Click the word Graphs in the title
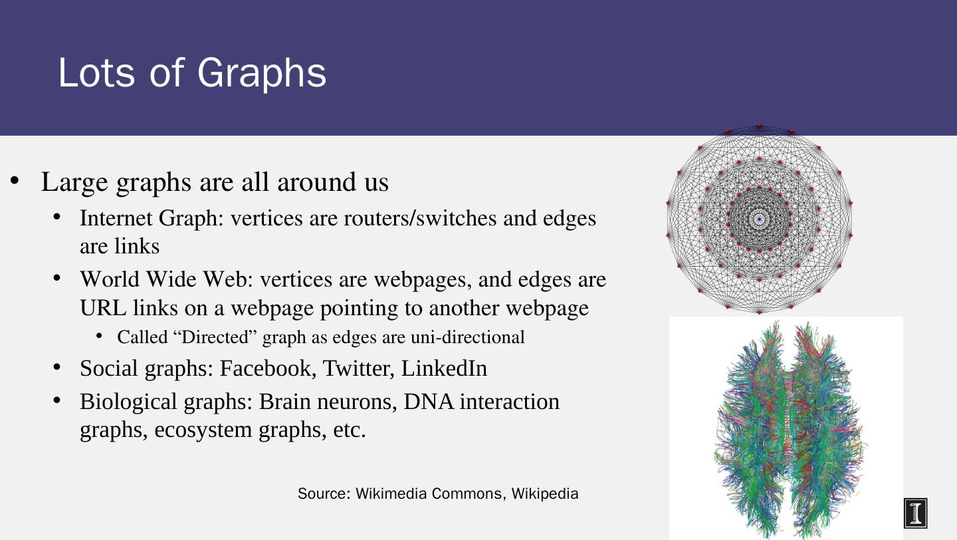coord(261,74)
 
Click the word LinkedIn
coord(444,368)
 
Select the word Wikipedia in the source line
coord(545,494)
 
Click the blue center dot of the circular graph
coord(759,219)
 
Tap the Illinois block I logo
coord(915,513)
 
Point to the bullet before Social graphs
coord(57,368)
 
